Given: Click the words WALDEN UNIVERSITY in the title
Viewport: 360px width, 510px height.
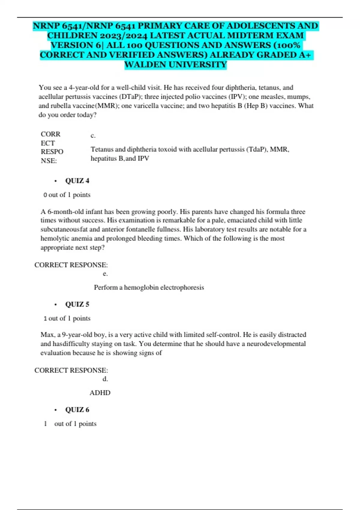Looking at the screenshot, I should (175, 64).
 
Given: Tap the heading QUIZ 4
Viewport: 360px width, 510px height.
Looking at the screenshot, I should (77, 181).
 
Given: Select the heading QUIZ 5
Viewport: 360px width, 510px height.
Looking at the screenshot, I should (77, 304).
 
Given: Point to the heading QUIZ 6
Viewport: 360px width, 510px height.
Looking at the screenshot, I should (77, 409).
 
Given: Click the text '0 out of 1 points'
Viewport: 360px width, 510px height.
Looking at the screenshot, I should (67, 195).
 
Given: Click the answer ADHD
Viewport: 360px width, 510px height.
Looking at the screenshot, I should (100, 393).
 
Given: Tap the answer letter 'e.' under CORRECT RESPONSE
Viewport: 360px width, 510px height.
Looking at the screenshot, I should (105, 274).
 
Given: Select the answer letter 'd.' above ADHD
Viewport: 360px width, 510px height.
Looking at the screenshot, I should (105, 379).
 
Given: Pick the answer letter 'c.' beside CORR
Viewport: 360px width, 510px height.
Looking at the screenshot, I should (93, 136).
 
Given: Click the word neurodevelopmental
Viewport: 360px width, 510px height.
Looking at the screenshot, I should (276, 343).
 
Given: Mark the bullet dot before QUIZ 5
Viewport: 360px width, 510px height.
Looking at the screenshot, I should (55, 304).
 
